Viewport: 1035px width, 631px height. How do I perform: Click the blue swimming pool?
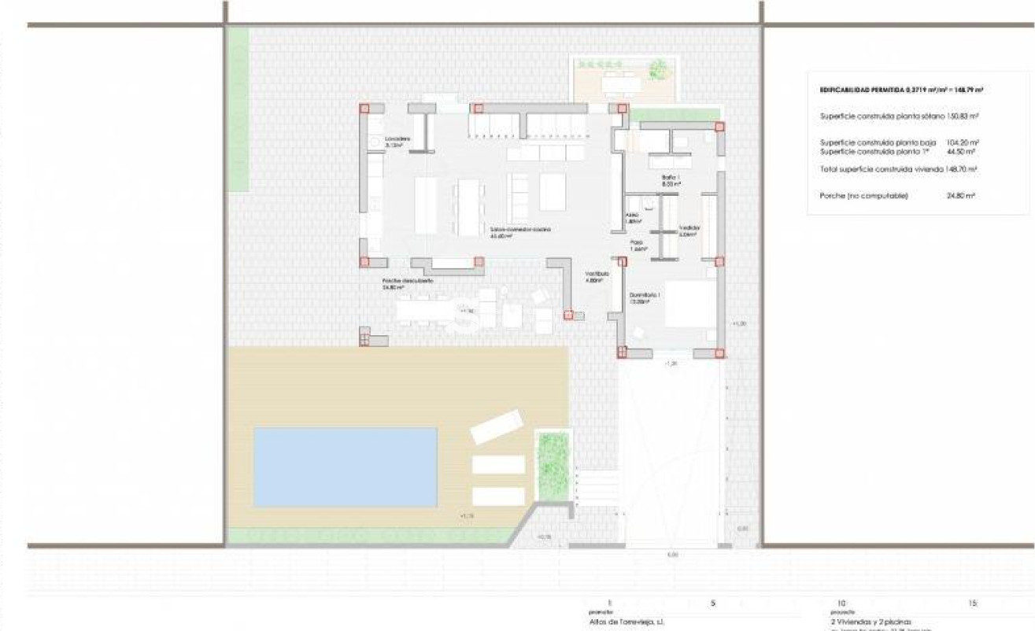pos(345,467)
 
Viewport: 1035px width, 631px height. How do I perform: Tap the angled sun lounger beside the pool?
pos(497,426)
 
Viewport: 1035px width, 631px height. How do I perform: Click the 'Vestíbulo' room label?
pos(596,275)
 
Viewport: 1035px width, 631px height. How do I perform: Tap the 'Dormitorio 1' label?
pos(644,297)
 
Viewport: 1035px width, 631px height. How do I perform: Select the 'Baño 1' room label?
pos(670,180)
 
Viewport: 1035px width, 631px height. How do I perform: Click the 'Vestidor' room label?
pos(689,230)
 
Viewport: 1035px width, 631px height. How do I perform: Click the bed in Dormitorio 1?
pos(690,304)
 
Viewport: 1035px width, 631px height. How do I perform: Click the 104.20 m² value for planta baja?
pos(962,142)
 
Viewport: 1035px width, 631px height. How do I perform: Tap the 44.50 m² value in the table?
pos(962,151)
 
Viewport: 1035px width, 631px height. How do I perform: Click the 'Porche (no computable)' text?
pos(863,196)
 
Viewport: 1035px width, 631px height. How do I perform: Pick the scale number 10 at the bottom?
pos(841,603)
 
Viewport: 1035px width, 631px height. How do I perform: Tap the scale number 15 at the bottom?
pos(973,603)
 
